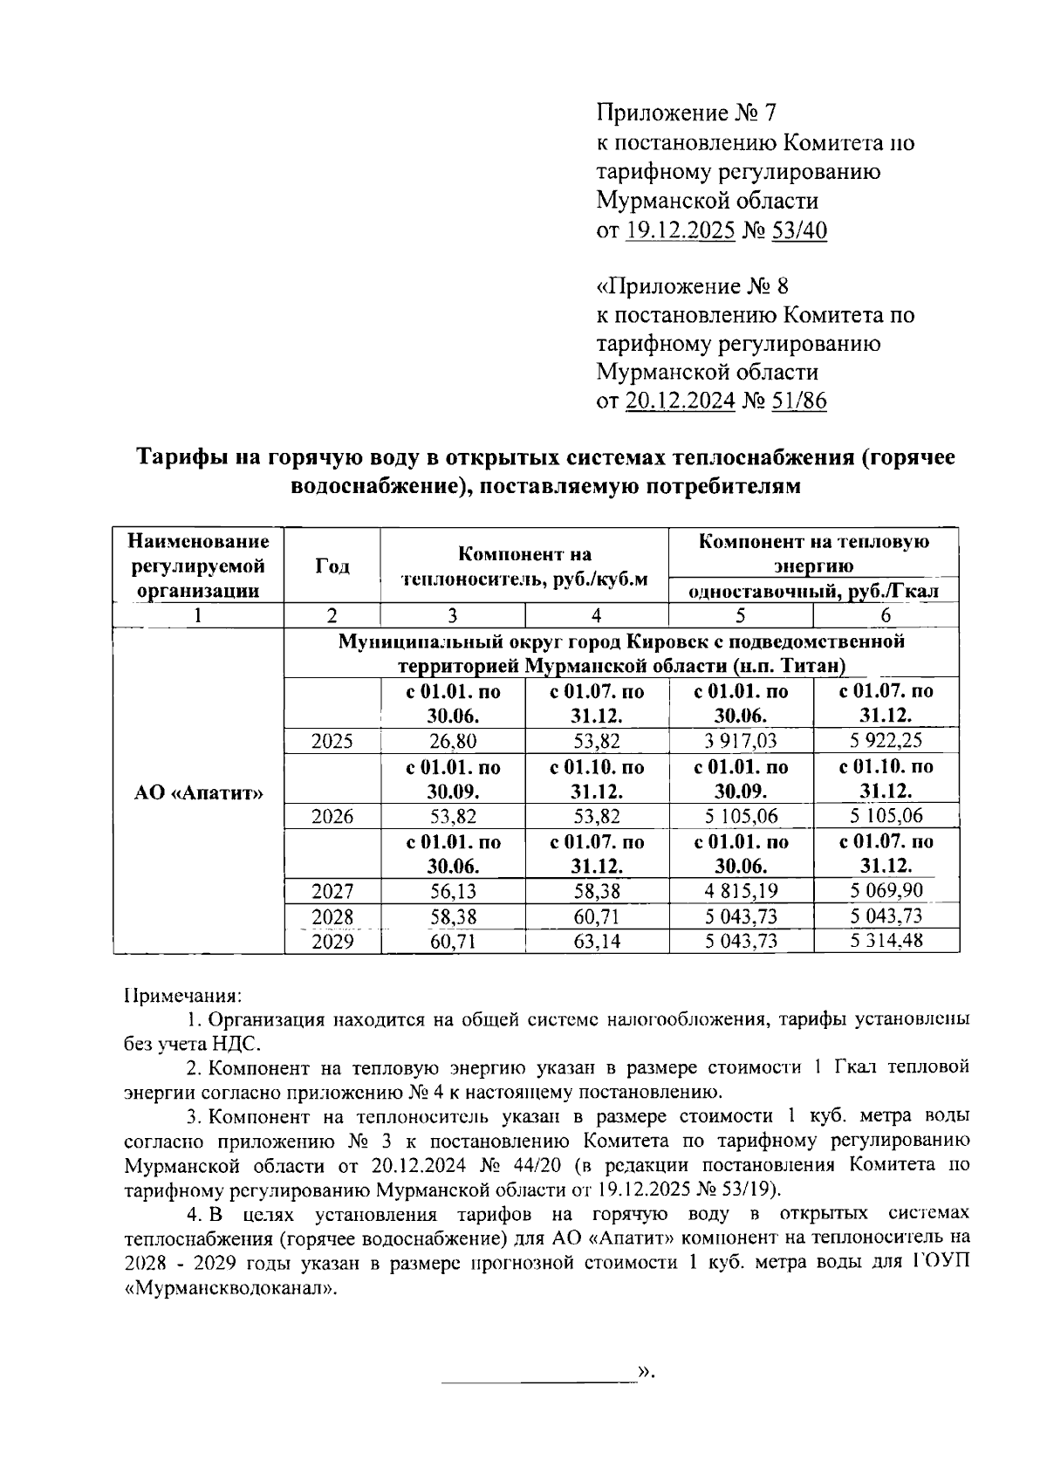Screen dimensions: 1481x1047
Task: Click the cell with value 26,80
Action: (x=453, y=742)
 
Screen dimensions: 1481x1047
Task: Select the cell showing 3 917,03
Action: (x=740, y=742)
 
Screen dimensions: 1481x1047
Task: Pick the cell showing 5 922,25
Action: (x=886, y=742)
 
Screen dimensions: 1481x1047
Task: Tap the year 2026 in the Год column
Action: (x=332, y=817)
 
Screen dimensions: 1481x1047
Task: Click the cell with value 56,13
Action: (x=453, y=892)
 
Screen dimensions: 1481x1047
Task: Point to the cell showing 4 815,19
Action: (x=740, y=892)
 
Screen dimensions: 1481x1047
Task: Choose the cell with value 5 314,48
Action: (x=886, y=941)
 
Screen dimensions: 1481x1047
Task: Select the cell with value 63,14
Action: (x=597, y=942)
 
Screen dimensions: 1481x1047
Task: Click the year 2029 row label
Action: (x=332, y=942)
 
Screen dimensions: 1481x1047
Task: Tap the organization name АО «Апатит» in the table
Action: (x=199, y=792)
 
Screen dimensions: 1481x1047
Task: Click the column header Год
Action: (x=332, y=566)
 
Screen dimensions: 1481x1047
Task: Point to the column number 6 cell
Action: (x=886, y=615)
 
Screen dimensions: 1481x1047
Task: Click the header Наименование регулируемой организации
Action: (x=199, y=566)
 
